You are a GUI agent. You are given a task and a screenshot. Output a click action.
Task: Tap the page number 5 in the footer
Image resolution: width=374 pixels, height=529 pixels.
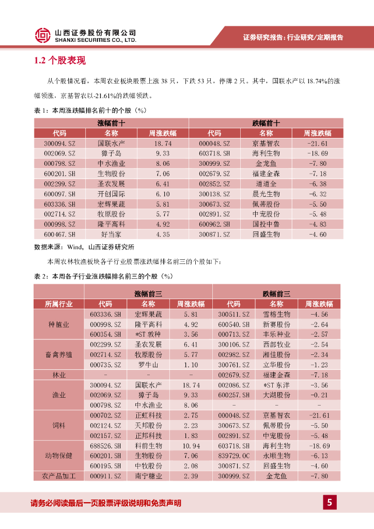(330, 502)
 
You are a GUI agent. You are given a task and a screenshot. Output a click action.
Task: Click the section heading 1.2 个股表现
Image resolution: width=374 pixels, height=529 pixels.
(60, 61)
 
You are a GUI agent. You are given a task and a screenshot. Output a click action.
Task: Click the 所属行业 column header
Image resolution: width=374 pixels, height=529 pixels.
(59, 304)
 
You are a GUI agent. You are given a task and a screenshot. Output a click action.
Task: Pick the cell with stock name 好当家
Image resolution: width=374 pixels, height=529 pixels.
(111, 235)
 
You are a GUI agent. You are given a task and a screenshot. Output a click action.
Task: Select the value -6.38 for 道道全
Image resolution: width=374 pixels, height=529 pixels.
(317, 183)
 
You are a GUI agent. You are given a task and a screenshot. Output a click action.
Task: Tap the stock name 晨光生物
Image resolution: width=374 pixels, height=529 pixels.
(266, 194)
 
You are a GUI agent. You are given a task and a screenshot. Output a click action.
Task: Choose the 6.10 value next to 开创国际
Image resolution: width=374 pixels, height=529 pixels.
(163, 194)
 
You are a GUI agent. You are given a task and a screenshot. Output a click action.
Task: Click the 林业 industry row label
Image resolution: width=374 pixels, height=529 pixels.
(59, 375)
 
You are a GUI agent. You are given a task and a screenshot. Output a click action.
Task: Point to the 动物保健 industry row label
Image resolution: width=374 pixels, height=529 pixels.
(59, 456)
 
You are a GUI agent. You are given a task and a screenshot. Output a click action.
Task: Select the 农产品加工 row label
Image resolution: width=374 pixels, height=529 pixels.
(59, 476)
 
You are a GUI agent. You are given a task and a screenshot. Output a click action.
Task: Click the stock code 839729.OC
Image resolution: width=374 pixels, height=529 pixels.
(233, 456)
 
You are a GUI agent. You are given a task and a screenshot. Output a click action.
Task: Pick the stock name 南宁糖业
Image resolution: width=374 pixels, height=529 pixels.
(148, 476)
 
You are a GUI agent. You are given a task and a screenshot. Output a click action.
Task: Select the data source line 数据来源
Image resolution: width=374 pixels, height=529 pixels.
(84, 247)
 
